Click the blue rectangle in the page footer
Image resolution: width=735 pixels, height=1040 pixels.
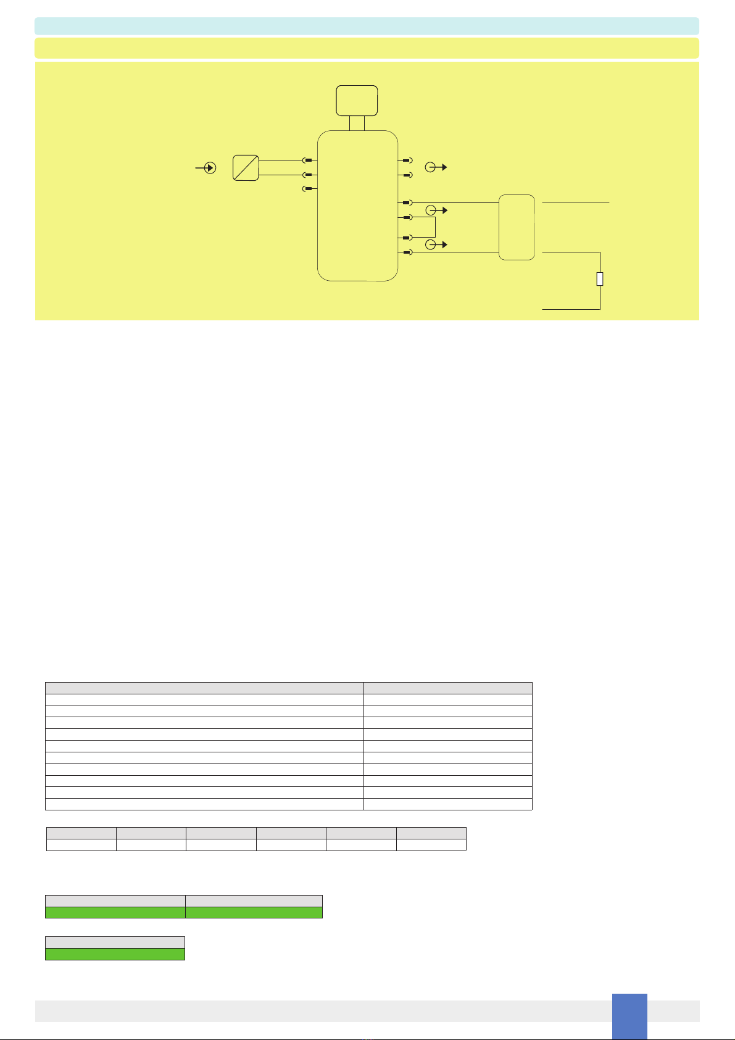pyautogui.click(x=629, y=1016)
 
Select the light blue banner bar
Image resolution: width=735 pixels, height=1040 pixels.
pyautogui.click(x=367, y=26)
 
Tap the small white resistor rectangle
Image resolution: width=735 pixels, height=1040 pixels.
pyautogui.click(x=600, y=279)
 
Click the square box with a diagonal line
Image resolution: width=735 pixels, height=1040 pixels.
pyautogui.click(x=246, y=167)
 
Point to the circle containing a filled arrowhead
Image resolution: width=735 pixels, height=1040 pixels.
pyautogui.click(x=210, y=167)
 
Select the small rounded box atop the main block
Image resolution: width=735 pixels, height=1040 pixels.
pyautogui.click(x=357, y=101)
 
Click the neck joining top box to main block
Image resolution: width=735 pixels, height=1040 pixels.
pyautogui.click(x=357, y=123)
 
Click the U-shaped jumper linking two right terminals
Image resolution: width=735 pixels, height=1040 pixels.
pyautogui.click(x=434, y=227)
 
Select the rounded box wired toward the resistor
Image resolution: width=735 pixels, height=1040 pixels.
pyautogui.click(x=517, y=227)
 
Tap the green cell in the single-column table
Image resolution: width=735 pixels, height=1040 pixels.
pyautogui.click(x=115, y=954)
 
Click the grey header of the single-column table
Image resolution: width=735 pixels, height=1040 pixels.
pyautogui.click(x=115, y=942)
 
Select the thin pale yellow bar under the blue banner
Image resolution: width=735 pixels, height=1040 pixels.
pyautogui.click(x=367, y=48)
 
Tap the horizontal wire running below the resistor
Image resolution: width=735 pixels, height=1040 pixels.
pyautogui.click(x=570, y=309)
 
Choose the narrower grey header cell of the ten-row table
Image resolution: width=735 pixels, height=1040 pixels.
pyautogui.click(x=447, y=688)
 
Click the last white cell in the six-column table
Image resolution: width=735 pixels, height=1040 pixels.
pyautogui.click(x=431, y=845)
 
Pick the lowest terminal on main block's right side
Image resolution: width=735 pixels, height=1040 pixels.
pyautogui.click(x=406, y=252)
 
